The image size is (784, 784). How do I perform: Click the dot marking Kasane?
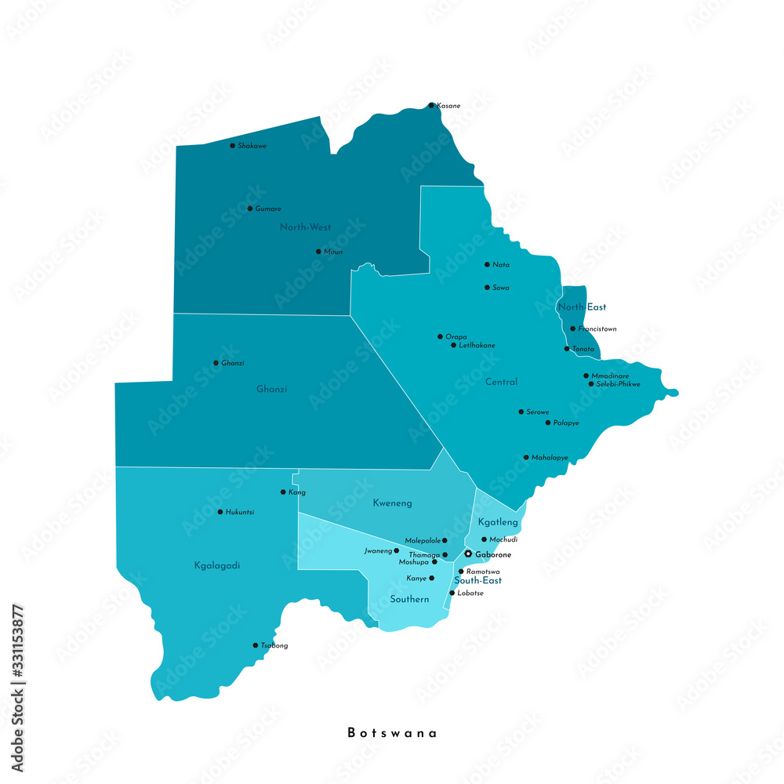pyautogui.click(x=431, y=105)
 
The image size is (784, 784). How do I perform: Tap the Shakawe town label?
pyautogui.click(x=252, y=146)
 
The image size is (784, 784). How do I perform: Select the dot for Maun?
pyautogui.click(x=318, y=252)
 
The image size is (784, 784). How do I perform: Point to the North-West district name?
pyautogui.click(x=305, y=227)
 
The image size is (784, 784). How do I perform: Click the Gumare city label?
pyautogui.click(x=268, y=209)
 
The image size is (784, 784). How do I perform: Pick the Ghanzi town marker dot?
pyautogui.click(x=216, y=363)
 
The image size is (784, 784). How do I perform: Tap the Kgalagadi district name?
pyautogui.click(x=216, y=564)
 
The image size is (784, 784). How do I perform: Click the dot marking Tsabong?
pyautogui.click(x=256, y=645)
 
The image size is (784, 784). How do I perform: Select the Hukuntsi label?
pyautogui.click(x=240, y=512)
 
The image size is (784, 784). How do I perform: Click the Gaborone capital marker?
pyautogui.click(x=468, y=554)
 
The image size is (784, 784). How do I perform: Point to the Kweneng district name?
pyautogui.click(x=392, y=503)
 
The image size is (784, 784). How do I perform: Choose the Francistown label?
pyautogui.click(x=597, y=329)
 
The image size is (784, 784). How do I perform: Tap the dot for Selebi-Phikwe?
pyautogui.click(x=591, y=384)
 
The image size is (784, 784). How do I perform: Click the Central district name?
pyautogui.click(x=501, y=383)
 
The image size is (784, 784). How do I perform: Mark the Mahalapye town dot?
pyautogui.click(x=526, y=457)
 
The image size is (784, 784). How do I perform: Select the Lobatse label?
pyautogui.click(x=470, y=593)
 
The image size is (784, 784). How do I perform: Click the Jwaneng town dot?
pyautogui.click(x=396, y=550)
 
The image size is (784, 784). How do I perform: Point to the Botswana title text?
pyautogui.click(x=392, y=733)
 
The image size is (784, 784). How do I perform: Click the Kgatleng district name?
pyautogui.click(x=498, y=522)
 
